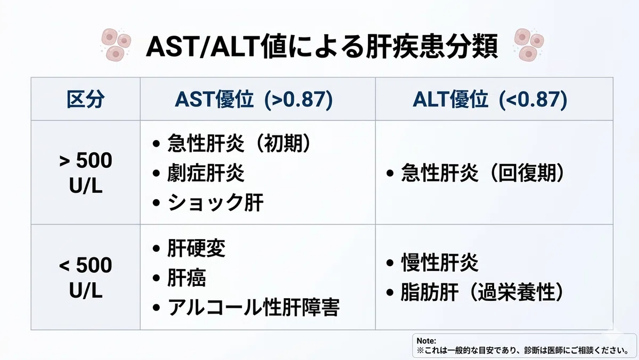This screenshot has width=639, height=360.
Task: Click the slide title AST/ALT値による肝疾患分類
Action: coord(322,46)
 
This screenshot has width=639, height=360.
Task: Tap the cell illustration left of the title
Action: coord(116,45)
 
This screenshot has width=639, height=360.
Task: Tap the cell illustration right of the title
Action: coord(529,45)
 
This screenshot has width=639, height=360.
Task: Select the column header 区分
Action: coord(86,100)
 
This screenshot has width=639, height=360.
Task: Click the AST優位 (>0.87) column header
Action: coord(254,100)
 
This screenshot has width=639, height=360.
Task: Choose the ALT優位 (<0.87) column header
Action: coord(490,100)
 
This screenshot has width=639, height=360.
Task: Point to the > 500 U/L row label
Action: coord(86,173)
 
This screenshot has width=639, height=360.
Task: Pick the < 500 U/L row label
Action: coord(86,278)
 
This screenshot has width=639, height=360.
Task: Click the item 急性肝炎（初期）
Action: coord(239,143)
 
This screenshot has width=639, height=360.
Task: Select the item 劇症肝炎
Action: coord(206,173)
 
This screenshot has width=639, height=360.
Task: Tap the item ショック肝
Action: coord(215,202)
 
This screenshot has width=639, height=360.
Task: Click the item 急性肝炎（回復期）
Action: coord(482,173)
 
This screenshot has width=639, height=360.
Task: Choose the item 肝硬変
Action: coord(196,248)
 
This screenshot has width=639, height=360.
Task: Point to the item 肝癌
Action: coord(186,278)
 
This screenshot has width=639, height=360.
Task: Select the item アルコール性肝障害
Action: coord(253,307)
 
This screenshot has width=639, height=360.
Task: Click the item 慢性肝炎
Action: coord(440,263)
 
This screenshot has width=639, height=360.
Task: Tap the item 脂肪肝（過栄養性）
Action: coord(482,292)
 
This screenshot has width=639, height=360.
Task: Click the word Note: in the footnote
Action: coord(426,341)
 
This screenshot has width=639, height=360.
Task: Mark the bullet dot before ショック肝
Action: coord(156,203)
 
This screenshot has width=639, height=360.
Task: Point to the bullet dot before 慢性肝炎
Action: coord(390,263)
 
